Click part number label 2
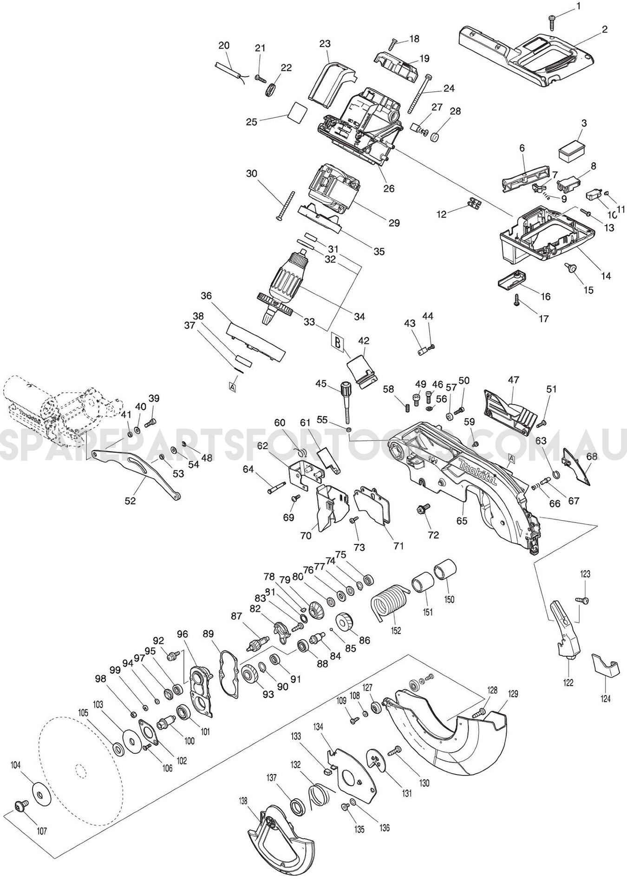604,29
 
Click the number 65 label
461,520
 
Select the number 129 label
513,694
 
